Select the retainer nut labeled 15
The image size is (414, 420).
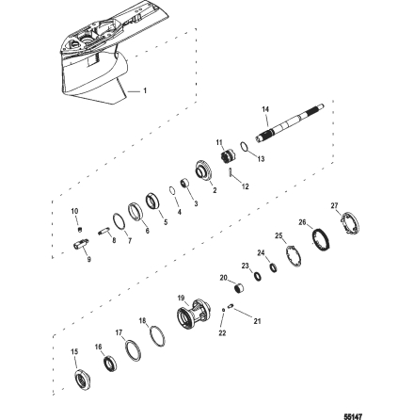(86, 381)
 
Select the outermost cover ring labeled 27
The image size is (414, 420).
(349, 224)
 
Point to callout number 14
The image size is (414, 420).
(265, 107)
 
